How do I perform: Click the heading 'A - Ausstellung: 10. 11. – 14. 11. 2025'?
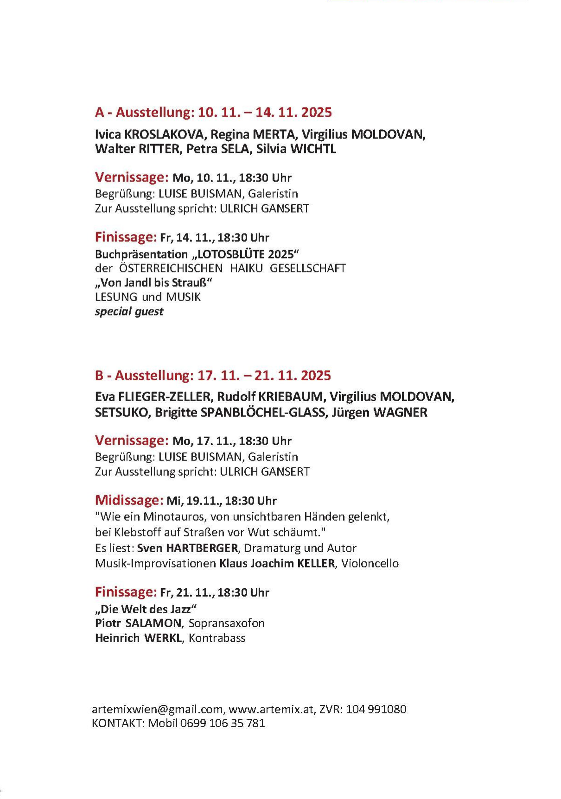[x=213, y=113]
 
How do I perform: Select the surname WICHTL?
[x=313, y=149]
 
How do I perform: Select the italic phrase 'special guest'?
[x=129, y=311]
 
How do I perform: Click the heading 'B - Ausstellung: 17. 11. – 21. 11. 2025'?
[x=213, y=375]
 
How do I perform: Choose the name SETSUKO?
[x=121, y=412]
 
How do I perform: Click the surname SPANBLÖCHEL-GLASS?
[x=262, y=412]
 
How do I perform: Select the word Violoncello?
[x=370, y=564]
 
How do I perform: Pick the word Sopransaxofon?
[x=226, y=623]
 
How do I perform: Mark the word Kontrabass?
[x=217, y=638]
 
